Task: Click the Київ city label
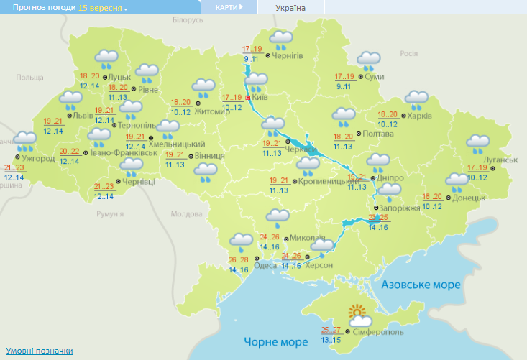click(x=261, y=97)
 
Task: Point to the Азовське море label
click(x=421, y=285)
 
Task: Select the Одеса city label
click(x=266, y=265)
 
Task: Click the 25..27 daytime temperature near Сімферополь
click(x=331, y=331)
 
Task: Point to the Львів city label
click(x=83, y=115)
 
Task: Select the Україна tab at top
click(x=290, y=8)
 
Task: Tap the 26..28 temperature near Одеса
click(x=239, y=260)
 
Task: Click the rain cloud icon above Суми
click(x=370, y=61)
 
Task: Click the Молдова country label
click(x=187, y=214)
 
